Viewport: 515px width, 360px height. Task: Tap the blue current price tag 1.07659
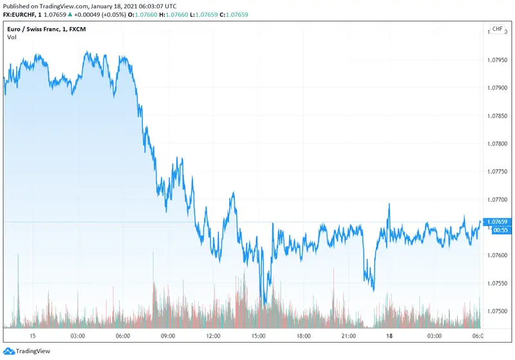coord(498,222)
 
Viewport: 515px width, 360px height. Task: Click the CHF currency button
coord(497,30)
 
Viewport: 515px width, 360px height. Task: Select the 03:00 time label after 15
coord(78,336)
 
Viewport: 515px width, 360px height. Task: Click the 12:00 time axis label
coord(213,336)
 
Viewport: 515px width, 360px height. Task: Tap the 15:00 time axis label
coord(258,336)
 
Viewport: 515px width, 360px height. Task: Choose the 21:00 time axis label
coord(348,336)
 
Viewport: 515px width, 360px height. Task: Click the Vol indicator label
coord(12,37)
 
